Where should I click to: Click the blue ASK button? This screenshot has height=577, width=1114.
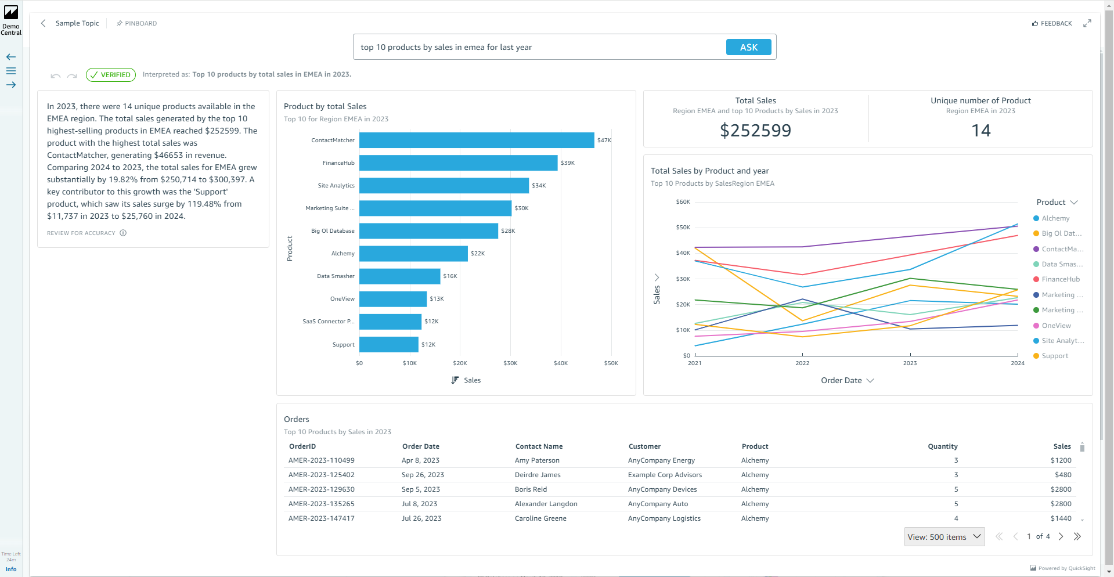(x=748, y=47)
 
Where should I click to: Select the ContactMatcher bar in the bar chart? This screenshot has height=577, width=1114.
(x=476, y=140)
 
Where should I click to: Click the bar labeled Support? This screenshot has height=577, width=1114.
(x=388, y=344)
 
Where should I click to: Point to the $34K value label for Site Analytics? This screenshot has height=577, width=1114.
(x=539, y=186)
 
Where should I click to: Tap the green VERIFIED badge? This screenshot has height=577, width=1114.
(x=111, y=75)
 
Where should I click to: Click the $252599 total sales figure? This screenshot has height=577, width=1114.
(x=755, y=131)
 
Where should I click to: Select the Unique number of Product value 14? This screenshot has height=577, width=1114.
(x=980, y=131)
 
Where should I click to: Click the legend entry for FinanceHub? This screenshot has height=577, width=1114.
(x=1060, y=279)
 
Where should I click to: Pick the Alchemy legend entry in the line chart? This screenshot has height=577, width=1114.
(x=1055, y=218)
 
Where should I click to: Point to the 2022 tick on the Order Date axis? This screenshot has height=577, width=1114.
(x=802, y=363)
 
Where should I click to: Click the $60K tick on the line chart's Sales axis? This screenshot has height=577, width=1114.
(x=683, y=202)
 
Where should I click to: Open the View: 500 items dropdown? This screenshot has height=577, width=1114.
(x=944, y=537)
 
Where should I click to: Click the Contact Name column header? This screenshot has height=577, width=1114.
(x=539, y=446)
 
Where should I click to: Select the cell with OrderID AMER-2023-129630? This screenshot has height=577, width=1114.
(x=322, y=489)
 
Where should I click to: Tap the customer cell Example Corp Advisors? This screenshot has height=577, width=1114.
(x=665, y=475)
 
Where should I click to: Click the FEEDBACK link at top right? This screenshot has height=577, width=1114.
(x=1052, y=24)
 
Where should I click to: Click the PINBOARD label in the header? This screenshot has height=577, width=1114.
(x=140, y=24)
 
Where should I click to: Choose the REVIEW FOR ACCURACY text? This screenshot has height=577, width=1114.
(x=81, y=233)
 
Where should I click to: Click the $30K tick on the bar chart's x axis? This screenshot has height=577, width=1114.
(x=510, y=363)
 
